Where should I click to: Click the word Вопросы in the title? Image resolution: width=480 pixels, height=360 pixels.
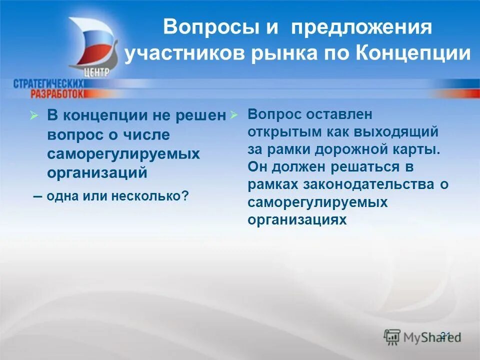[x=209, y=27]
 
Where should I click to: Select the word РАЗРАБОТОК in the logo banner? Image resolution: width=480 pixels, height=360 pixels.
[x=57, y=93]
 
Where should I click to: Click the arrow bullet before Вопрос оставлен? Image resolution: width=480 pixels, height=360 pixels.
[x=233, y=115]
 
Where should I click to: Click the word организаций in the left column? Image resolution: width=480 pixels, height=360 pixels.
[x=97, y=172]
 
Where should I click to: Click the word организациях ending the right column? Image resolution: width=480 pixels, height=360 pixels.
[x=297, y=219]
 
